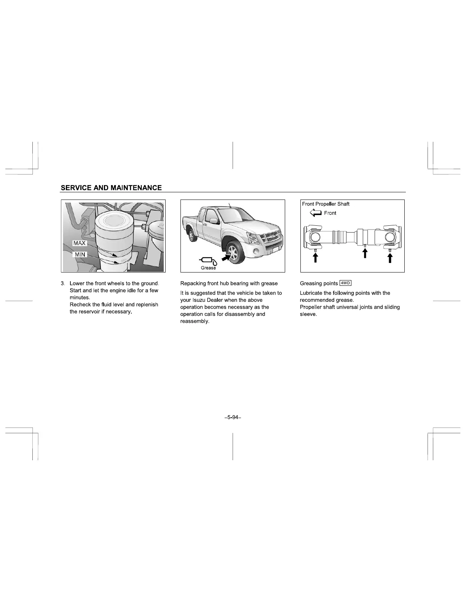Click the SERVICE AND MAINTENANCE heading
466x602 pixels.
111,188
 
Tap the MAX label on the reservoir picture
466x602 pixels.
80,243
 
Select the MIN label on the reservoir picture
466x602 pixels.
80,254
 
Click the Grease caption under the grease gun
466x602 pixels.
208,268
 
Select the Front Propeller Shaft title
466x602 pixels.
326,204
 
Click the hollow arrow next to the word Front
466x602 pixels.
316,213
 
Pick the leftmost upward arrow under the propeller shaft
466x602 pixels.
315,258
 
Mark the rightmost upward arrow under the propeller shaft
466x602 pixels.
390,258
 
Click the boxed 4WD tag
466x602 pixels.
345,283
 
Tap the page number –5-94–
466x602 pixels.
233,418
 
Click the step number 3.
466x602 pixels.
62,284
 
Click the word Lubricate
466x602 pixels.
311,293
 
